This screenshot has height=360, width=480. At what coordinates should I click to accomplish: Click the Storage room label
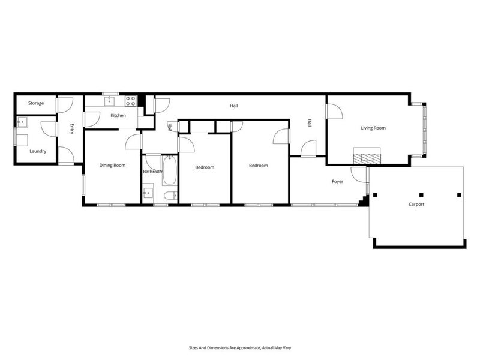click(x=36, y=103)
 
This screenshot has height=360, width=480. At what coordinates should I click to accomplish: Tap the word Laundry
click(x=38, y=151)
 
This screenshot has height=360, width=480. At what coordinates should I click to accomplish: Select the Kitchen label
click(x=118, y=115)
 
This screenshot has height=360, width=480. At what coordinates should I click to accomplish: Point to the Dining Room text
click(x=112, y=165)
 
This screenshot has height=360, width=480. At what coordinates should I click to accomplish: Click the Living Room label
click(x=373, y=128)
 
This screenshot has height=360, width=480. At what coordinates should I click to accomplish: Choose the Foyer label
click(x=338, y=181)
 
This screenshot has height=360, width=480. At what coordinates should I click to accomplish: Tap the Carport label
click(x=416, y=205)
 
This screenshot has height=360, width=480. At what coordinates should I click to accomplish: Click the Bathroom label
click(x=153, y=172)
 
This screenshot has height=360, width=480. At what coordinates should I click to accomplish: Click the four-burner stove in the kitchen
click(x=130, y=100)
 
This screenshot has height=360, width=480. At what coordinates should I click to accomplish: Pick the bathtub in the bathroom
click(x=169, y=169)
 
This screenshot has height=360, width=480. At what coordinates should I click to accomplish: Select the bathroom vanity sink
click(x=148, y=194)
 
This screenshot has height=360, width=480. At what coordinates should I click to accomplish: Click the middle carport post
click(x=421, y=194)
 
